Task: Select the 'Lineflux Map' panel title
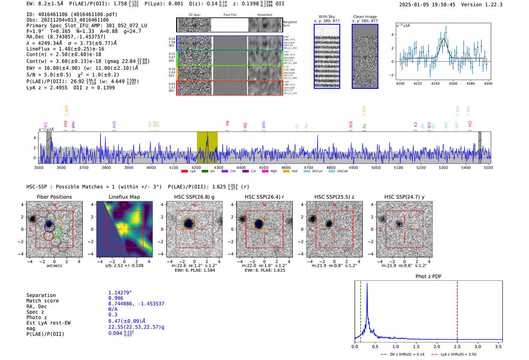(124, 197)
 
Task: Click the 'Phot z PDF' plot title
(428, 277)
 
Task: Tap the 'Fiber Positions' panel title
(54, 197)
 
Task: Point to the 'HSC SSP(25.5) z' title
(334, 197)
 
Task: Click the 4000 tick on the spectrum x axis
(151, 168)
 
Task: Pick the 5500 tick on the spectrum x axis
(488, 168)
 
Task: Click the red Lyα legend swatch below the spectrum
(184, 171)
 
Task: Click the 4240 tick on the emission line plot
(435, 83)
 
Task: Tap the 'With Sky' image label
(327, 17)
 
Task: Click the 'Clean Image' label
(365, 17)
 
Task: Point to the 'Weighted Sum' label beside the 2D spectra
(290, 24)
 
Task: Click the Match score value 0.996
(116, 298)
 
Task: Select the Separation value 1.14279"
(120, 293)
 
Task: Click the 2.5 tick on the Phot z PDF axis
(457, 346)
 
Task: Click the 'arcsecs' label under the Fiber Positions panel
(54, 266)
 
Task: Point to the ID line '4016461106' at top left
(72, 14)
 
